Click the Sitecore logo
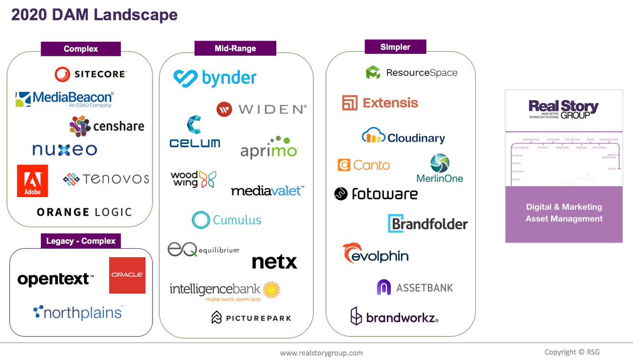(91, 74)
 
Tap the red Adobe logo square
(32, 181)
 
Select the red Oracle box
(127, 275)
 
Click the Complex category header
(81, 49)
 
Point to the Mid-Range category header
(235, 48)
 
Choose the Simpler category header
(395, 47)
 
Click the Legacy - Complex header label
(81, 241)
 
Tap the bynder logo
(215, 78)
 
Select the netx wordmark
(274, 261)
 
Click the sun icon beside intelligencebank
(271, 289)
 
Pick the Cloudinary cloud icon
(373, 136)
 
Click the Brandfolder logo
(428, 224)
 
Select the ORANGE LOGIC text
(84, 212)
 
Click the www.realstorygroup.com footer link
(321, 353)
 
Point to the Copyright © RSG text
(572, 352)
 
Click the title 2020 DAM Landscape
(94, 15)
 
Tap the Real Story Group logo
(563, 109)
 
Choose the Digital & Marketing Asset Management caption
(563, 213)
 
